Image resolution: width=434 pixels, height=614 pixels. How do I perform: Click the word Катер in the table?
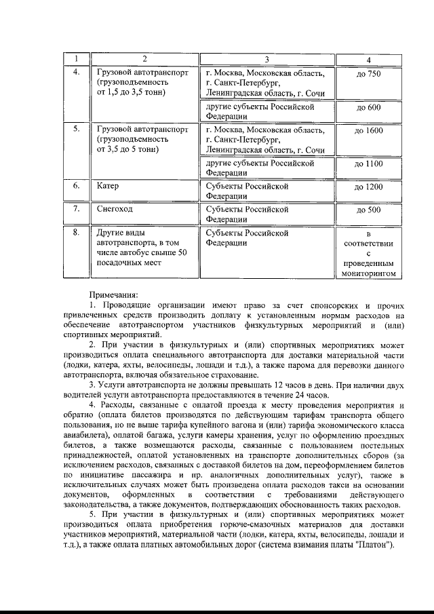point(108,185)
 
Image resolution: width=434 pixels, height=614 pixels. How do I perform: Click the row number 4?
point(77,73)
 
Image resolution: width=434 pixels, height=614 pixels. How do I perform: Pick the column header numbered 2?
point(144,58)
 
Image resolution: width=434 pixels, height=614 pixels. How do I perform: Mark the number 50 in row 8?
point(178,253)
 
